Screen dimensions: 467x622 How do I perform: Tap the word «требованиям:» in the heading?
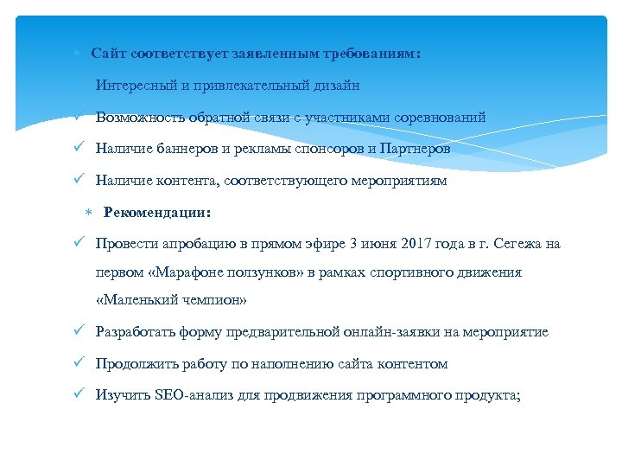click(x=372, y=54)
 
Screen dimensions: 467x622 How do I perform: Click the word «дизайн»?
click(x=337, y=86)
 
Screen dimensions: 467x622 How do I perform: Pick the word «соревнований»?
click(x=439, y=117)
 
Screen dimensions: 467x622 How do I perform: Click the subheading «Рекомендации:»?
click(x=156, y=212)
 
